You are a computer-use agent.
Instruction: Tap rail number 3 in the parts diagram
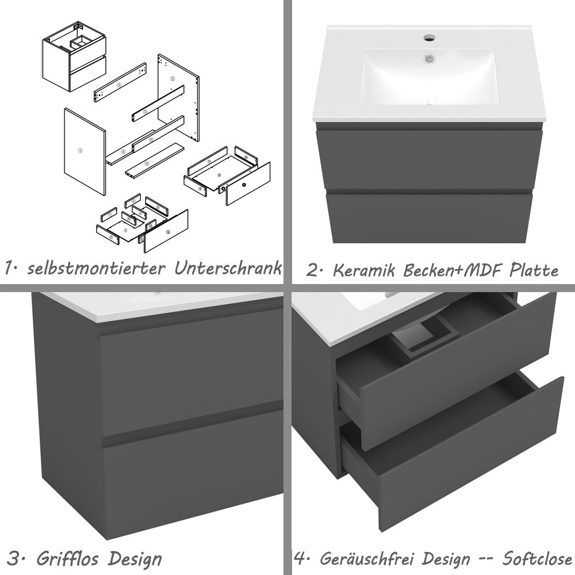[118, 85]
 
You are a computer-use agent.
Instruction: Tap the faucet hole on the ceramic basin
[429, 39]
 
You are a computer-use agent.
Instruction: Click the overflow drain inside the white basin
[429, 57]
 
